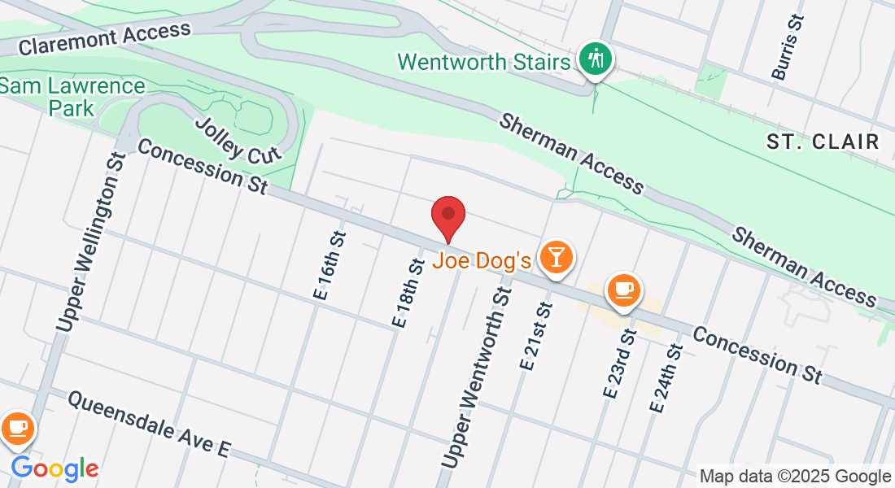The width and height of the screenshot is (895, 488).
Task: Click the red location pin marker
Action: click(447, 216)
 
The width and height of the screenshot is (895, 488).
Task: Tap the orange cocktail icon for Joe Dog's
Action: click(557, 257)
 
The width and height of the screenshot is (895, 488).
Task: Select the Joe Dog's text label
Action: click(482, 261)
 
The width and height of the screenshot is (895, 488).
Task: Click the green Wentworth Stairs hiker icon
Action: click(596, 59)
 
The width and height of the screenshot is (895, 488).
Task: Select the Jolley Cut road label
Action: click(238, 139)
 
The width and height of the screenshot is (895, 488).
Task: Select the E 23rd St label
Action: click(618, 362)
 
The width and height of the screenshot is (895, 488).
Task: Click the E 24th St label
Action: click(664, 377)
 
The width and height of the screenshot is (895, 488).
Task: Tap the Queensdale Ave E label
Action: click(150, 424)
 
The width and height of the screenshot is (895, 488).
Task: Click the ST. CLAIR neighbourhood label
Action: click(823, 142)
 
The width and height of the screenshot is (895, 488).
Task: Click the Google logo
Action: click(55, 468)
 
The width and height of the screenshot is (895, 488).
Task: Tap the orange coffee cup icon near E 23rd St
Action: click(624, 290)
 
